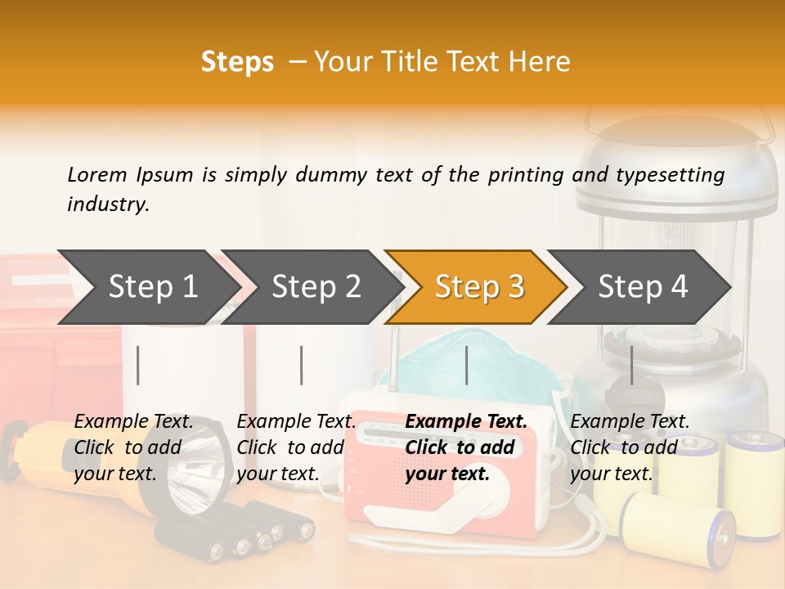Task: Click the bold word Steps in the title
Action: point(237,62)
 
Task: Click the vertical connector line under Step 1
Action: point(138,365)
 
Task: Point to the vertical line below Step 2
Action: point(302,365)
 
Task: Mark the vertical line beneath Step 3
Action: point(467,365)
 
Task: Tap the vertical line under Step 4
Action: point(632,365)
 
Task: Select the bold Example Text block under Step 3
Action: point(466,447)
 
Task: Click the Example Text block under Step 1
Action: point(133,447)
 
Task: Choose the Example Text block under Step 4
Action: point(630,447)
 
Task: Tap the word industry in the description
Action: point(107,204)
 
